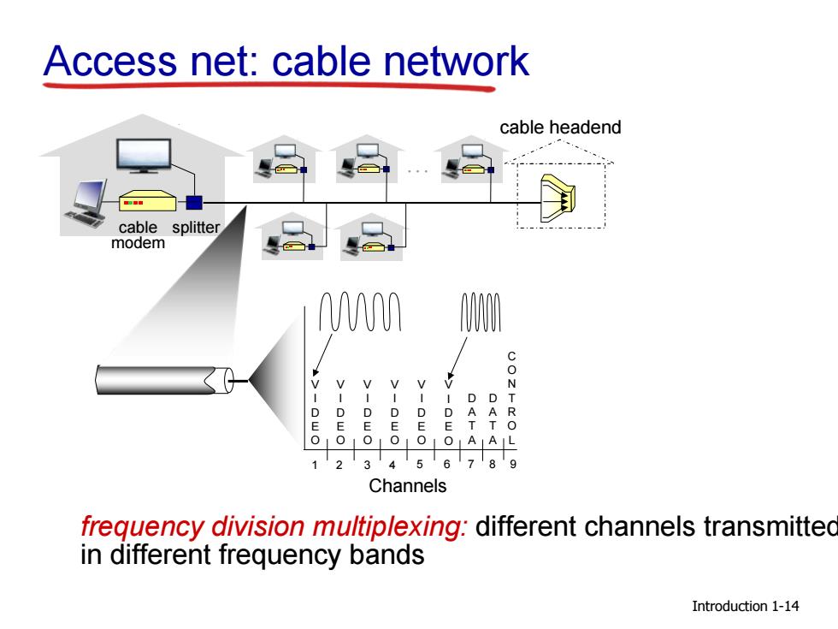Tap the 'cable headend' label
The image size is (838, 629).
pos(560,128)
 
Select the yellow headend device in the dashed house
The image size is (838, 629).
pos(558,198)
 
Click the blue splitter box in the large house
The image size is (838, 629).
pos(194,203)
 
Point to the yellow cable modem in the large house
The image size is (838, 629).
pos(147,202)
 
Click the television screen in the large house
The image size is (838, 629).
pos(144,156)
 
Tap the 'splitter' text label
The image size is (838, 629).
pos(196,228)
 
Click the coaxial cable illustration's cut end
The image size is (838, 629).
pos(221,380)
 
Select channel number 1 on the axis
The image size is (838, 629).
pos(315,465)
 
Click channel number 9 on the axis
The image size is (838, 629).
pos(512,464)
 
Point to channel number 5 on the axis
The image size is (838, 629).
pos(420,464)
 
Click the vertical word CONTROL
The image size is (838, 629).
pos(511,398)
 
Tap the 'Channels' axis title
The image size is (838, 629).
pos(407,486)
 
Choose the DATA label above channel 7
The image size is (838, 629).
pos(471,418)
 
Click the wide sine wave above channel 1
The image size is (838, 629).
pos(360,312)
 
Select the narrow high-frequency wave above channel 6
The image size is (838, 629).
pos(481,312)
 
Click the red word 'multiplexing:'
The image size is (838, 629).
pos(390,527)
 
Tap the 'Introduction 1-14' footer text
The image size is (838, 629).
pos(745,606)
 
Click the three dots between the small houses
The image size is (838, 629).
pos(417,171)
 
